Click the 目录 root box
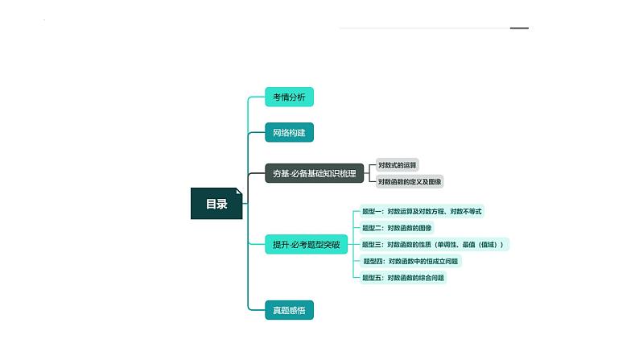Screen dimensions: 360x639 tap(216, 204)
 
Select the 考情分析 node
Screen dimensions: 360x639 tap(289, 97)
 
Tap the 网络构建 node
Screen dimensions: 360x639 tap(289, 132)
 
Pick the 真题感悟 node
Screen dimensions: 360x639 tap(289, 309)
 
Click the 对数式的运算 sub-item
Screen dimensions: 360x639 tap(398, 164)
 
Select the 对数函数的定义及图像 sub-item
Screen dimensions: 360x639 tap(410, 182)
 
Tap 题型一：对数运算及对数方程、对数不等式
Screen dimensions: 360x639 tap(422, 212)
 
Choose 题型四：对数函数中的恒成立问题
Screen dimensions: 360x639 tap(412, 261)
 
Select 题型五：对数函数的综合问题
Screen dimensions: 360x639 tap(403, 278)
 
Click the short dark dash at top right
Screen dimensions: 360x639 tap(519, 28)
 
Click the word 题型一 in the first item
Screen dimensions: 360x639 tap(372, 212)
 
